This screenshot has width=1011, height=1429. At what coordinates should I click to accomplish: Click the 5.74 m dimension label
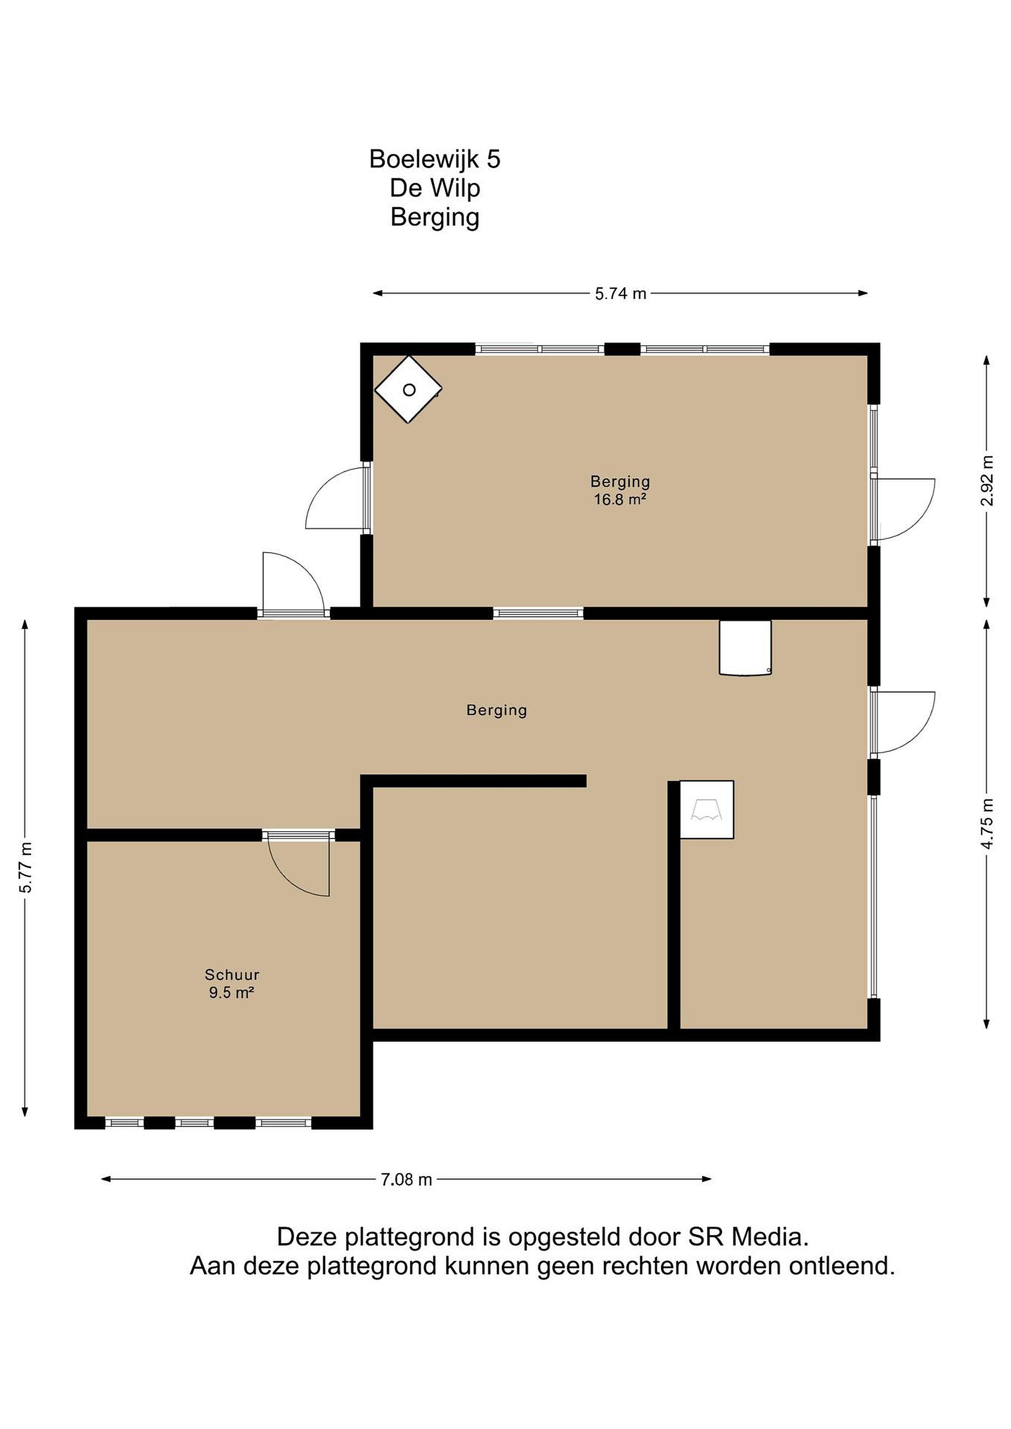pos(621,294)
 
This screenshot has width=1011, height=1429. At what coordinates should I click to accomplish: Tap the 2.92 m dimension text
pos(987,480)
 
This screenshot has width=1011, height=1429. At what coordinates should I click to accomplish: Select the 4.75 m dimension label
pos(987,822)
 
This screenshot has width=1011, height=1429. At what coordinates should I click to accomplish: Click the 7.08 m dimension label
pos(406,1179)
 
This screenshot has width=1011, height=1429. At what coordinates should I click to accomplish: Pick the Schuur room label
pos(232,974)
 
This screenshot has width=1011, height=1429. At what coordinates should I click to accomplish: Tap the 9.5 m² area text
pos(232,992)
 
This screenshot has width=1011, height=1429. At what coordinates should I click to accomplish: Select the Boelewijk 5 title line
pos(435,159)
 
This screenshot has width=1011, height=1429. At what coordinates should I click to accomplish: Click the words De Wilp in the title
pos(435,188)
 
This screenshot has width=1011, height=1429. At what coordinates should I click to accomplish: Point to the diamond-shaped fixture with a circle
pos(408,390)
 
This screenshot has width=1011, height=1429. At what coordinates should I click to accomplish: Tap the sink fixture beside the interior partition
pos(707,810)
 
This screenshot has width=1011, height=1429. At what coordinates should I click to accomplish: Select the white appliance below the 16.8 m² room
pos(745,648)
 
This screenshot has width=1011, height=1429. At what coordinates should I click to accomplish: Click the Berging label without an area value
pos(497,711)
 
